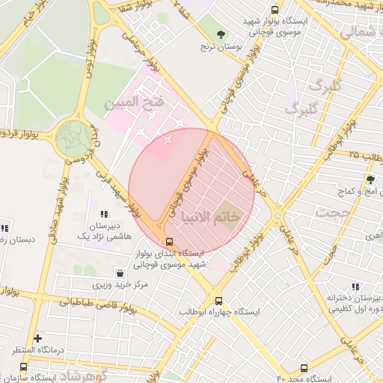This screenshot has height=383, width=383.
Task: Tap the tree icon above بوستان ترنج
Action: pyautogui.click(x=221, y=34)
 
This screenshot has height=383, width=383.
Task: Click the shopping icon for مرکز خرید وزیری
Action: pyautogui.click(x=120, y=273)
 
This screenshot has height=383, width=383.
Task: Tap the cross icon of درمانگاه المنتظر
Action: pyautogui.click(x=37, y=338)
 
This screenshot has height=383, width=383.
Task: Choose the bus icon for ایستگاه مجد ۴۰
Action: pyautogui.click(x=304, y=367)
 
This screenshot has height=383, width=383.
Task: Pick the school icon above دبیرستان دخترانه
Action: pyautogui.click(x=355, y=286)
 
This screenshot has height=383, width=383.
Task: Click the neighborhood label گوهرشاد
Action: pyautogui.click(x=82, y=374)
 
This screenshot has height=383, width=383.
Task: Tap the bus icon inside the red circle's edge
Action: pyautogui.click(x=170, y=242)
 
